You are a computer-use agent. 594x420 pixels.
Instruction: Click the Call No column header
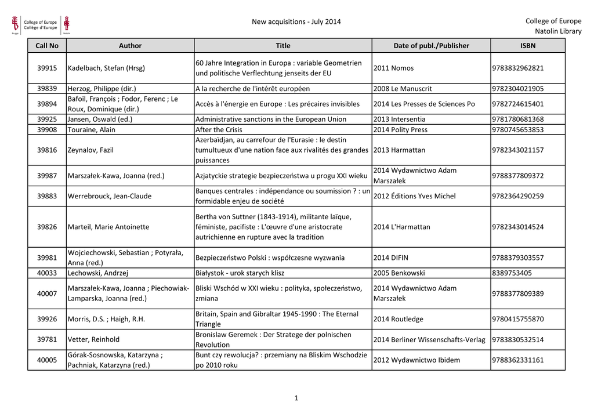[x=47, y=46]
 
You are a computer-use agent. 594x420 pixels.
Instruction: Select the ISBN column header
[x=528, y=46]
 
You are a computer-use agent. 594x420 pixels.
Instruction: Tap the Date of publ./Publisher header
[x=431, y=46]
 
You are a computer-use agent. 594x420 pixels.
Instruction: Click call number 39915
[x=47, y=68]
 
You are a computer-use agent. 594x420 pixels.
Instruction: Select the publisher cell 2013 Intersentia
[x=401, y=120]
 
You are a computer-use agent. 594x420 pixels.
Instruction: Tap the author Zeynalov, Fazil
[x=90, y=150]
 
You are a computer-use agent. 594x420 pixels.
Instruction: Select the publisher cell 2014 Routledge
[x=399, y=319]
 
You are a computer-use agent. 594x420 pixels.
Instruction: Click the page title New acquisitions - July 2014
[x=296, y=22]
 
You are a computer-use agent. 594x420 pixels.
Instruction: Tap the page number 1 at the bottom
[x=296, y=399]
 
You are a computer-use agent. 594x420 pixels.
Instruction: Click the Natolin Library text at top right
[x=557, y=31]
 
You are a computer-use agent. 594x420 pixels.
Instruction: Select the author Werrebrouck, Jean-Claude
[x=109, y=196]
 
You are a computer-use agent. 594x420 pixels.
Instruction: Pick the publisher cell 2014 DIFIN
[x=393, y=258]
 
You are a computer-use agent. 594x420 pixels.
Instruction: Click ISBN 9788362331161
[x=518, y=360]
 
